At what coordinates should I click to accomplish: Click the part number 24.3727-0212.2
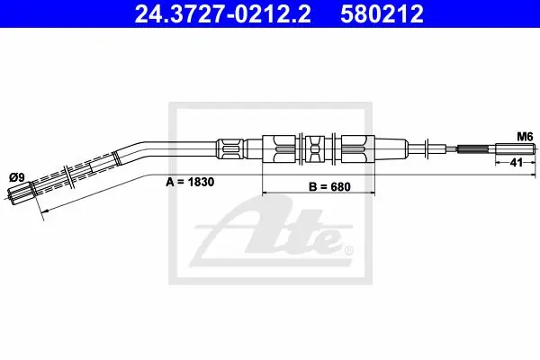[223, 14]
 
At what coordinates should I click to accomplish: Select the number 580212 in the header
[382, 14]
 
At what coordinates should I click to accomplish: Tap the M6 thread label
[525, 137]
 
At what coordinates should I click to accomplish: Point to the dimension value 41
[516, 162]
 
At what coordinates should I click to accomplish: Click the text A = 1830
[190, 182]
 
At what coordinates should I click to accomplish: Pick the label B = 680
[329, 186]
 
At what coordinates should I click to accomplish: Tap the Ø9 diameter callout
[17, 178]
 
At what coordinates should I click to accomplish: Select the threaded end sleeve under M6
[515, 149]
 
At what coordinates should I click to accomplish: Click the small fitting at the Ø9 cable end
[21, 194]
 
